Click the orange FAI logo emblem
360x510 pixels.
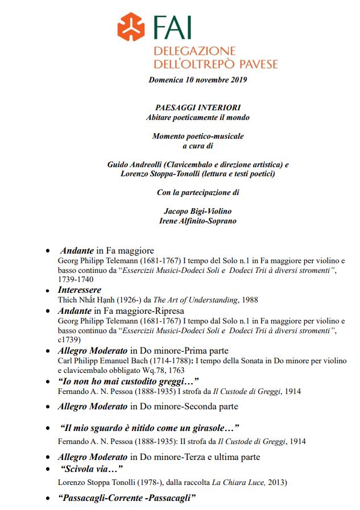[x=132, y=26]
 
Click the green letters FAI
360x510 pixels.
[x=172, y=27]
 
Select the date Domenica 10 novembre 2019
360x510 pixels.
[x=197, y=80]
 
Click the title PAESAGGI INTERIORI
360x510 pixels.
[x=197, y=107]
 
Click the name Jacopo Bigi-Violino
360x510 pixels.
[x=197, y=211]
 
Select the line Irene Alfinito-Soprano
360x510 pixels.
[x=197, y=221]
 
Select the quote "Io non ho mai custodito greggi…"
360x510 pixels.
[x=128, y=381]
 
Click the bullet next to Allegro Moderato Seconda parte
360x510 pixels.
[x=48, y=407]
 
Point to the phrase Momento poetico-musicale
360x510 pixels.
[x=197, y=136]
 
